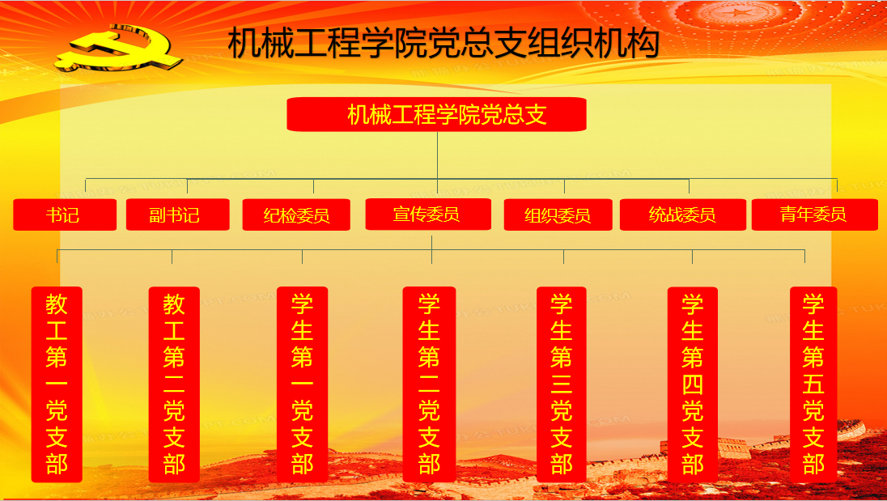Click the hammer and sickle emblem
pos(120,49)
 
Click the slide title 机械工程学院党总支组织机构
pos(443,43)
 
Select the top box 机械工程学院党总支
pos(436,114)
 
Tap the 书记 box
pos(65,214)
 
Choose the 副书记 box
pos(177,214)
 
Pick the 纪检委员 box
pos(296,214)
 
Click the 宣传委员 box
pos(427,214)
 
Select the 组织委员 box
pos(558,214)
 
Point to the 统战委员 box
pos(683,214)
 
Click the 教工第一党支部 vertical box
pos(57,384)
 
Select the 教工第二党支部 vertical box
pos(174,384)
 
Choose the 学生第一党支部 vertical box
pos(302,384)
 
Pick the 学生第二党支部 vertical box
pos(430,384)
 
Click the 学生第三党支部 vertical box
pos(561,384)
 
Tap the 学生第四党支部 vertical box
pos(693,384)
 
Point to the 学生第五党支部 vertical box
pos(813,384)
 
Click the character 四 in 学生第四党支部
pos(693,384)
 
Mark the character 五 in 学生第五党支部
pos(813,384)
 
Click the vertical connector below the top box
pos(437,155)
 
